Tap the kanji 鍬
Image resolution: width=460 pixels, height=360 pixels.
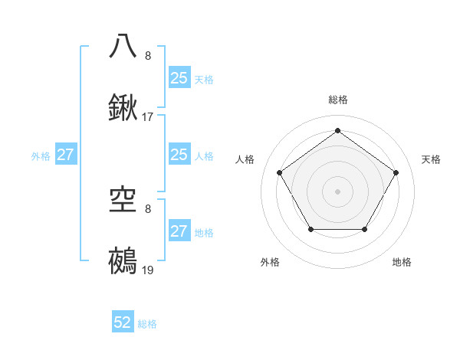123,108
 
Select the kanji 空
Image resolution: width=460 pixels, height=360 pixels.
123,198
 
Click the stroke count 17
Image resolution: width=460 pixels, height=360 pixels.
148,117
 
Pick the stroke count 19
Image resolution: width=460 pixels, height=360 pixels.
148,270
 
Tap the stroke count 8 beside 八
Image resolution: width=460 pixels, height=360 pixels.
148,55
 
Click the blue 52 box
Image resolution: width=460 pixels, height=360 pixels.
123,322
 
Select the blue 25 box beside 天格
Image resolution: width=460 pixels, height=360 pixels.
179,78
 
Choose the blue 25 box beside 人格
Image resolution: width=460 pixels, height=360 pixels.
179,155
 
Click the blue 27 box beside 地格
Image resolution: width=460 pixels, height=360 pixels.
179,231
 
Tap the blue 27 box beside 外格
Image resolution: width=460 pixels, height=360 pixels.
66,155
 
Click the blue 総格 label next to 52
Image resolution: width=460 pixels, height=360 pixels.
147,324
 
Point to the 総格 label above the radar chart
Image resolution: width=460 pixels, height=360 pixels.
337,100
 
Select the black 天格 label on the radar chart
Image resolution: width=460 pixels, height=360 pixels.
431,159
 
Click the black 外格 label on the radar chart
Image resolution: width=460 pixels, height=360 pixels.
270,263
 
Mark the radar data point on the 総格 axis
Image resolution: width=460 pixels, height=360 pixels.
337,131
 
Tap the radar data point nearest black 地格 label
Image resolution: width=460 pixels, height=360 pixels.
365,229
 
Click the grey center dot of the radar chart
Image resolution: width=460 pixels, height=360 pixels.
337,191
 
